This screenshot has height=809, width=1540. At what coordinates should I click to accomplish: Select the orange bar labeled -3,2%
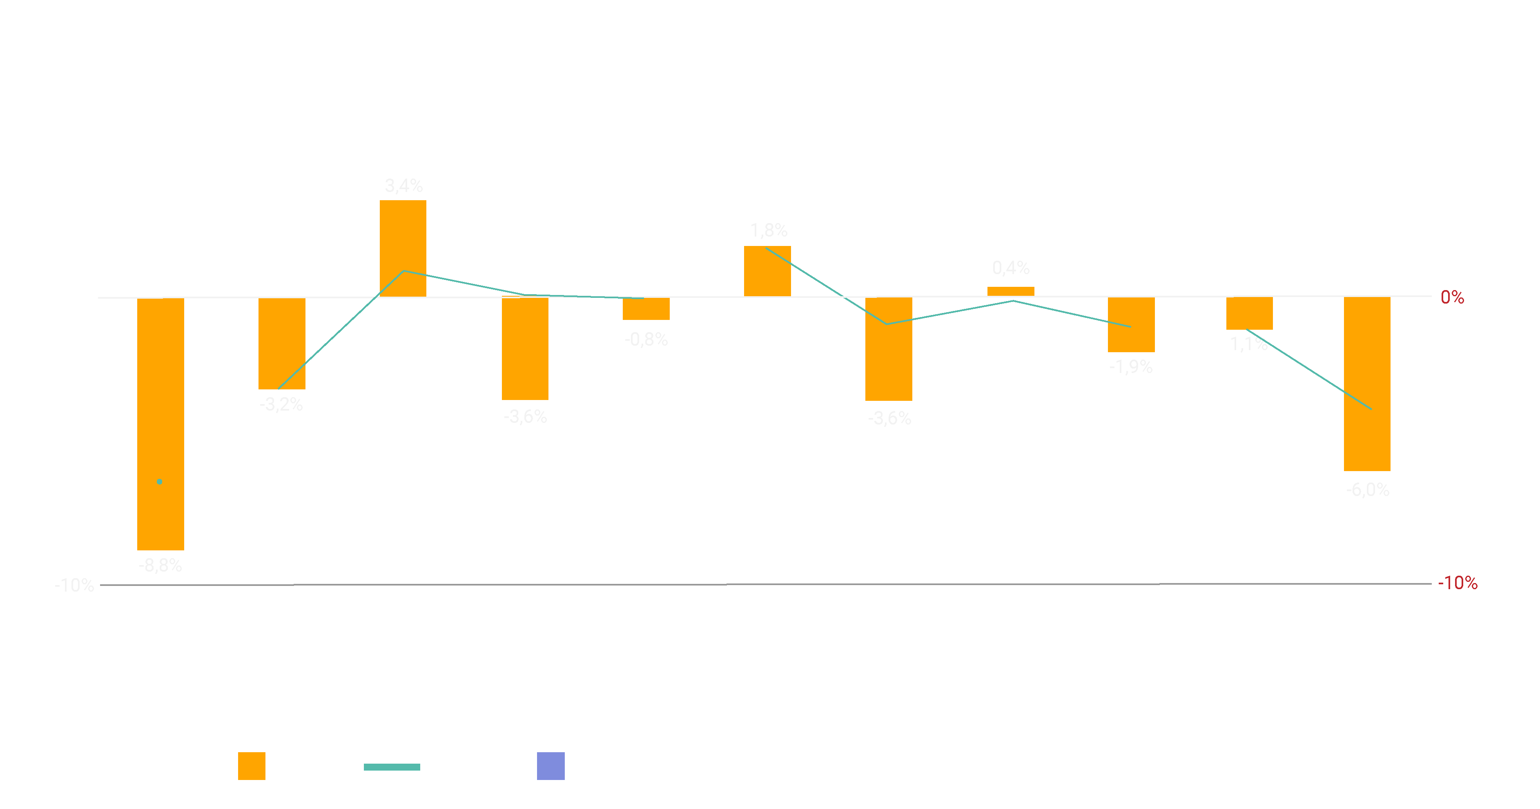[x=281, y=343]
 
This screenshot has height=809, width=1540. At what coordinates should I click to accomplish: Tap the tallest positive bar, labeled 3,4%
[x=403, y=248]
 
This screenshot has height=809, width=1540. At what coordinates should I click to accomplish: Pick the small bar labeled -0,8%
[x=646, y=308]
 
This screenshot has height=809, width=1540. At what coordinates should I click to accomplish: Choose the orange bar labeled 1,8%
[x=767, y=271]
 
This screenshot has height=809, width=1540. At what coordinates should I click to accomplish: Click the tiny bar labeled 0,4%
[x=1010, y=291]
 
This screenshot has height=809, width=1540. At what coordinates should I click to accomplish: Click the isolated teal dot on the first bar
[x=160, y=481]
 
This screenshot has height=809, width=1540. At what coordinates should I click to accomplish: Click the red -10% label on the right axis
[x=1458, y=583]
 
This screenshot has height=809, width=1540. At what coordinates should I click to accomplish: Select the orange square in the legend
[x=252, y=766]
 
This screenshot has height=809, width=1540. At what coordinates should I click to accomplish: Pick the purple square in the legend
[x=550, y=766]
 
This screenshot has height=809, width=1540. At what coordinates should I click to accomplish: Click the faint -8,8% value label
[x=160, y=565]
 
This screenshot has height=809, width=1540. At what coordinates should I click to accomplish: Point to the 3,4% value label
[x=403, y=186]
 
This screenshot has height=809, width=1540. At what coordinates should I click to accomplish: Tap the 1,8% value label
[x=769, y=230]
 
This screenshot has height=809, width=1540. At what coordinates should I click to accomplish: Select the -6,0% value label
[x=1368, y=490]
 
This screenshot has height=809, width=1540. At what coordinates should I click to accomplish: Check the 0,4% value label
[x=1011, y=267]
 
